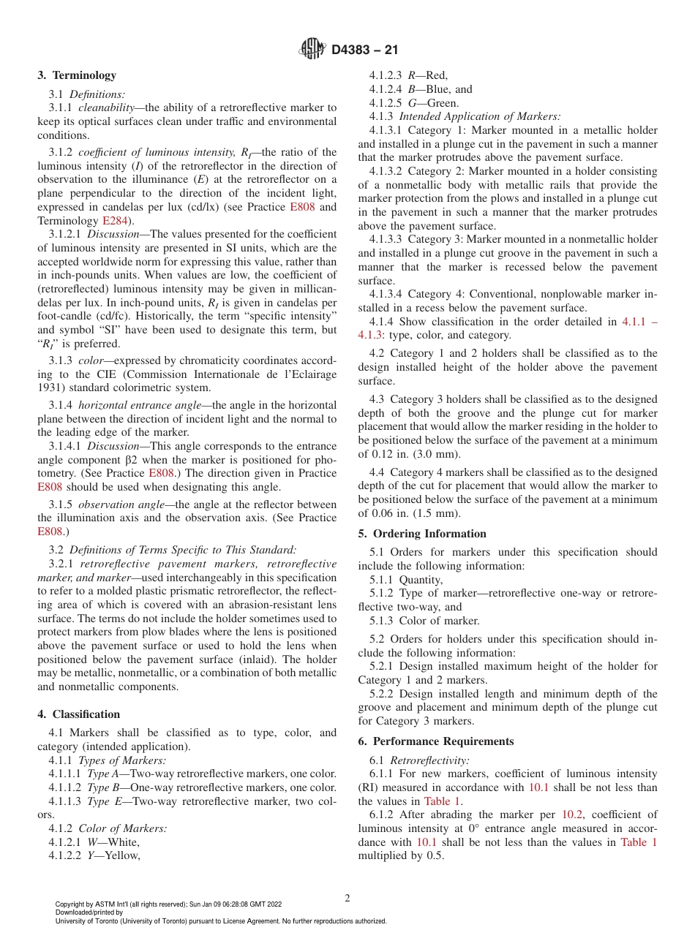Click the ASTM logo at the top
point(312,49)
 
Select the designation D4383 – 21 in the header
point(364,50)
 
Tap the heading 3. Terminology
point(76,75)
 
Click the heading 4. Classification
point(78,714)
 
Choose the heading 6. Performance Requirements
point(435,741)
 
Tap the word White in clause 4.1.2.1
point(123,842)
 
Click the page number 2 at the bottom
point(347,898)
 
